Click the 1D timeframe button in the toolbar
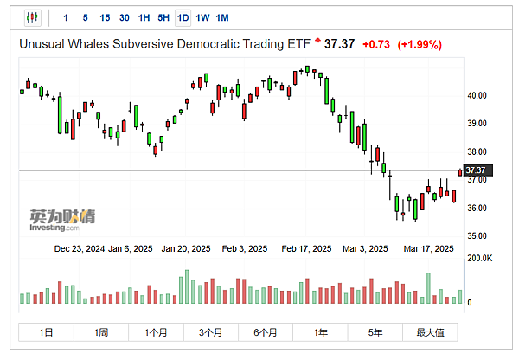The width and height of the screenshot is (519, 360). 183,17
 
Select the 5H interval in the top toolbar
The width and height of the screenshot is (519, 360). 163,17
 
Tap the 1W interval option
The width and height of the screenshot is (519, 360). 202,17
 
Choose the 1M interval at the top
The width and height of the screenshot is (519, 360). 222,17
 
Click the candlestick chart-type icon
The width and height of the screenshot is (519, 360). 33,17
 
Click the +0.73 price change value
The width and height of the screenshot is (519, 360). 376,44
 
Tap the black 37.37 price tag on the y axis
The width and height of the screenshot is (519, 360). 477,170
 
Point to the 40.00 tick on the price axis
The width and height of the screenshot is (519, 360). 477,95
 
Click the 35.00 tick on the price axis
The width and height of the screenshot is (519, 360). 477,235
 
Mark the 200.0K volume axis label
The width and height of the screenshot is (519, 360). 479,258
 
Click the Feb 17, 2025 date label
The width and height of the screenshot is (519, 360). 306,248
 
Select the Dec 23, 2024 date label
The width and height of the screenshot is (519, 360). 79,248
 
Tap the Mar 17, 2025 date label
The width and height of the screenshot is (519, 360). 429,248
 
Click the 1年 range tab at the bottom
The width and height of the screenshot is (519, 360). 320,331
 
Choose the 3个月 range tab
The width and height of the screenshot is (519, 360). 211,331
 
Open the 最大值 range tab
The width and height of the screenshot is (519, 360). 430,331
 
